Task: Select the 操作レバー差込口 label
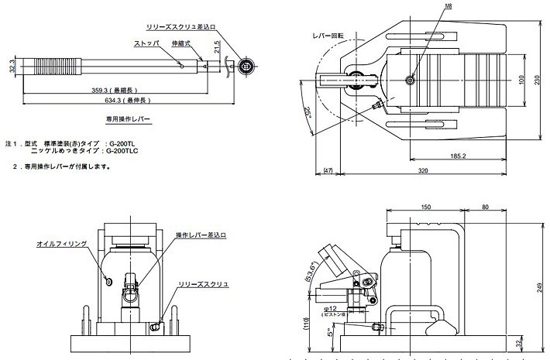tap(202, 234)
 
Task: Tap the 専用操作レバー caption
tap(129, 120)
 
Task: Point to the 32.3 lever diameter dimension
tap(12, 67)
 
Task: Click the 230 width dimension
tap(537, 79)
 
